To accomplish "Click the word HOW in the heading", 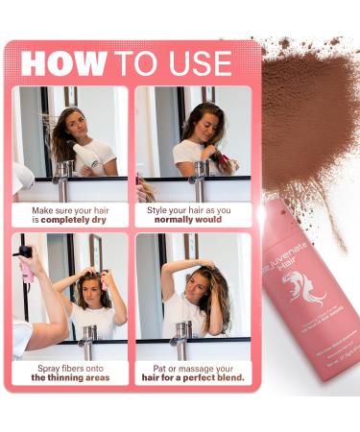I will [x=63, y=63].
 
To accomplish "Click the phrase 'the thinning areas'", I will [x=69, y=377].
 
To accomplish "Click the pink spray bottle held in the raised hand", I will [x=26, y=262].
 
